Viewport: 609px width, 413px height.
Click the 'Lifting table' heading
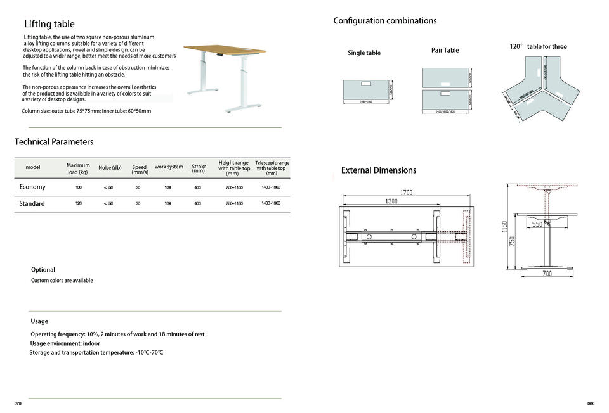click(49, 25)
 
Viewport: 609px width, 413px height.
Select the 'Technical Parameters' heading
click(54, 142)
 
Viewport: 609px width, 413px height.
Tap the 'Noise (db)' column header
click(110, 168)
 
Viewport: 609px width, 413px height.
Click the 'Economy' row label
click(32, 187)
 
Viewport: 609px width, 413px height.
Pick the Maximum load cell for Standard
click(78, 203)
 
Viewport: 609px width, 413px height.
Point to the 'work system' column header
click(169, 167)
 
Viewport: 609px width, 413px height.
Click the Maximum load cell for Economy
click(78, 187)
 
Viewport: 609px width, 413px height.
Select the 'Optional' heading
click(43, 270)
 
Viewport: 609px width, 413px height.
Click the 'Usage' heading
click(39, 321)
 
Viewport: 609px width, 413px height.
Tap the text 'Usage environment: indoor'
click(65, 343)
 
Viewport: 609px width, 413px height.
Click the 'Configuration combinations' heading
click(385, 21)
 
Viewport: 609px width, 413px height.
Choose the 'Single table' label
click(364, 53)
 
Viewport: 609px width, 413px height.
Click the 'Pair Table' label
click(445, 50)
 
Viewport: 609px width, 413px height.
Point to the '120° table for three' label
click(539, 47)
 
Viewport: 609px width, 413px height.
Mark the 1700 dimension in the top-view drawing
click(407, 193)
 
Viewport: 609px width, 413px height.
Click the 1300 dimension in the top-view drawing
click(391, 201)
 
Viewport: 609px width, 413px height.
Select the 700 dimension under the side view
click(547, 274)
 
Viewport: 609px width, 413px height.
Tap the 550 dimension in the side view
click(537, 225)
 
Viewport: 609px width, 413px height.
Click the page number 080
click(591, 404)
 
